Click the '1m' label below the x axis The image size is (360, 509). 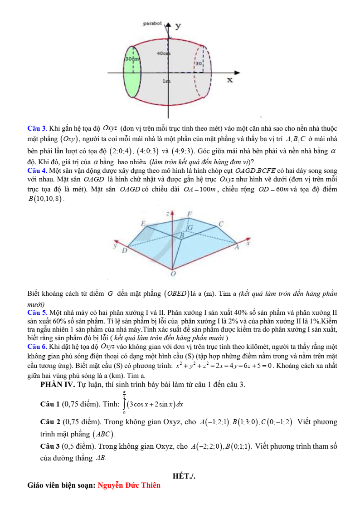[x=167, y=81]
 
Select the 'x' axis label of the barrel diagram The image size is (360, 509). [x=230, y=80]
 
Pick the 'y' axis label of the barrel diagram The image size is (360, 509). [x=178, y=25]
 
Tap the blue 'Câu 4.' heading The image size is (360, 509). [x=38, y=171]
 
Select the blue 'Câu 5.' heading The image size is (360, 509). [x=38, y=313]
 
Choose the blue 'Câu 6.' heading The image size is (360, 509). [x=38, y=347]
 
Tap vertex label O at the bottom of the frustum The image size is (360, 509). [x=173, y=274]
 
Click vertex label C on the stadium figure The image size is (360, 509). [x=221, y=224]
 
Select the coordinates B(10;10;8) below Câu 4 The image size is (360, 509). [x=45, y=198]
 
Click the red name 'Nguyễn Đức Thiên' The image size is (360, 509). [x=129, y=485]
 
